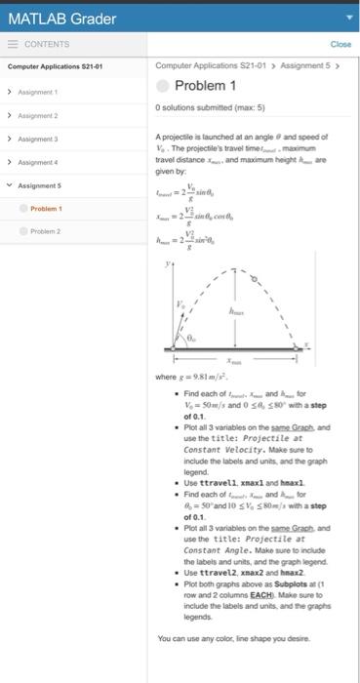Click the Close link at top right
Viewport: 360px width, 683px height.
(340, 44)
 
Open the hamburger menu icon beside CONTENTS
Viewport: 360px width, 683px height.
(13, 44)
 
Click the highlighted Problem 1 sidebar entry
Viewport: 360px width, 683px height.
(46, 208)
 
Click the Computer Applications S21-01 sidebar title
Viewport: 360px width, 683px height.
(49, 67)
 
